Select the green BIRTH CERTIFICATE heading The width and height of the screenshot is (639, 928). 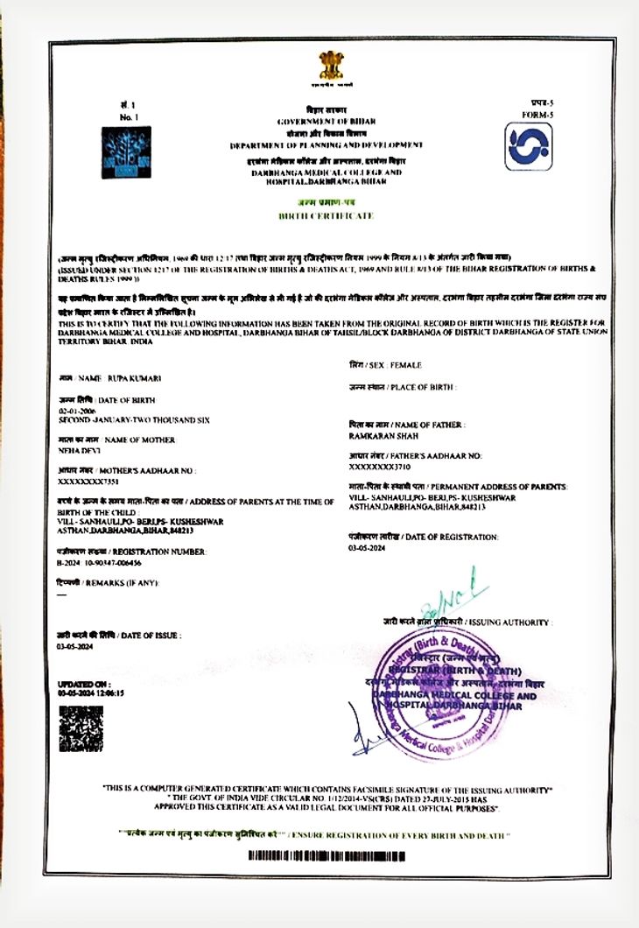[x=326, y=214]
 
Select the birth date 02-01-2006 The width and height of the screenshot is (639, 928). [x=76, y=411]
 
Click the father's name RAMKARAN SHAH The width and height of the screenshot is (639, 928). [x=383, y=435]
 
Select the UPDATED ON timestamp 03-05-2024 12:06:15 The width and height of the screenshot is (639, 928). [x=91, y=692]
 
